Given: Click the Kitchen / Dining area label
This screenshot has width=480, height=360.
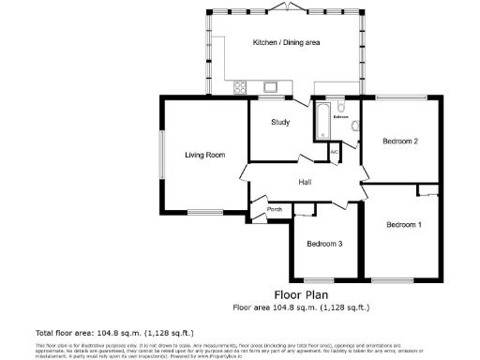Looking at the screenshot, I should [x=285, y=43].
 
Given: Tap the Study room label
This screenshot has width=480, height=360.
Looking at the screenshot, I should [x=279, y=123].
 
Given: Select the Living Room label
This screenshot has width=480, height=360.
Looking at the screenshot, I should [x=203, y=155].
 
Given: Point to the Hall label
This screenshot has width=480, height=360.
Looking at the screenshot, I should [x=306, y=182].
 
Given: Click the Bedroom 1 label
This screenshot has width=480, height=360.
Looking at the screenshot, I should [x=404, y=225].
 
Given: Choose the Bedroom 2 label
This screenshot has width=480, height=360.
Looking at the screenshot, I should [x=400, y=141].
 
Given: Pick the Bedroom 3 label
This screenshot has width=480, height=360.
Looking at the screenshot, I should [x=324, y=244].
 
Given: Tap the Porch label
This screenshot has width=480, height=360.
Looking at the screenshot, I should [x=276, y=209].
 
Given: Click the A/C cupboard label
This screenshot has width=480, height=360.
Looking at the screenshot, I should [x=335, y=151].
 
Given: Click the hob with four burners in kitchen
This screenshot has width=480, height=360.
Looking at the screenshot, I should [x=240, y=89].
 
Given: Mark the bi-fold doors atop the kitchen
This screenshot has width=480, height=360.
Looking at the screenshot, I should [x=285, y=10].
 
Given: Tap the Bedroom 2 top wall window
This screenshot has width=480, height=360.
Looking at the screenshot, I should [x=400, y=97].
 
